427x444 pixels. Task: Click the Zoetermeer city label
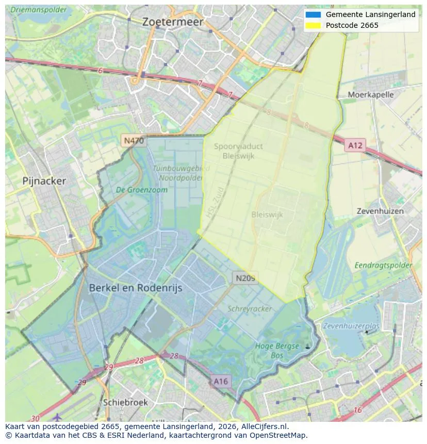point(173,22)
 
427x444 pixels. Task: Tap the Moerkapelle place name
point(370,94)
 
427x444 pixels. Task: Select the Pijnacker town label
point(44,181)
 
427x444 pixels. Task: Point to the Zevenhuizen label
point(380,211)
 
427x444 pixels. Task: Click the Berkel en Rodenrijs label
point(136,288)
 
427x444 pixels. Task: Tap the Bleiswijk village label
point(267,215)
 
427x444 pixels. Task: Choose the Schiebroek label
point(125,402)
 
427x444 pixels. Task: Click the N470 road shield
point(134,140)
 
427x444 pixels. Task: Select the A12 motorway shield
point(355,145)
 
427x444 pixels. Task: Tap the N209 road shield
point(245,278)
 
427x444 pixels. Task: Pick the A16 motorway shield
point(220,381)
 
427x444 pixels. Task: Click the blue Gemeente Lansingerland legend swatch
point(313,14)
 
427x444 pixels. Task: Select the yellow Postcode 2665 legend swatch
point(313,25)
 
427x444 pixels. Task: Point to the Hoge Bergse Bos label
point(277,351)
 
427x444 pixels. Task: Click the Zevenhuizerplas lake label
point(351,326)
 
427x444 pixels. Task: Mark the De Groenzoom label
point(142,190)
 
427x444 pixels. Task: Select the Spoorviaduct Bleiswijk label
point(238,151)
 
